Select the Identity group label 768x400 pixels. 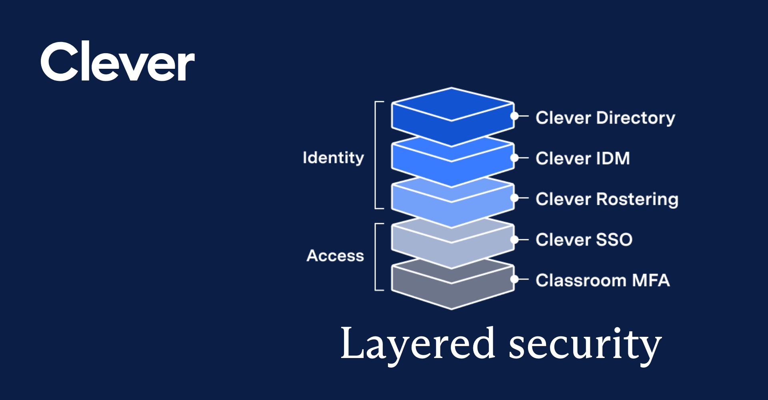[333, 158]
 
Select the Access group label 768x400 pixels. [335, 256]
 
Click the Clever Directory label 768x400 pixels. [605, 118]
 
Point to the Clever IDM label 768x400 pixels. [583, 158]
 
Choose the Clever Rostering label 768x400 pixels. [607, 199]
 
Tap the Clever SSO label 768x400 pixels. [584, 240]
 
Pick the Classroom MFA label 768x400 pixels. [602, 280]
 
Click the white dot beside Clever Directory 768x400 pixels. [514, 116]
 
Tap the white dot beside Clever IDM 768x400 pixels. [514, 158]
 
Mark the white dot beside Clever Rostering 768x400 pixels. [514, 198]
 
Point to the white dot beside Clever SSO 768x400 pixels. [514, 240]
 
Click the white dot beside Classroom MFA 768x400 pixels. [514, 279]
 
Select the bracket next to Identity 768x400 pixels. [376, 155]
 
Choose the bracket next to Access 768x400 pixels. [376, 256]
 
